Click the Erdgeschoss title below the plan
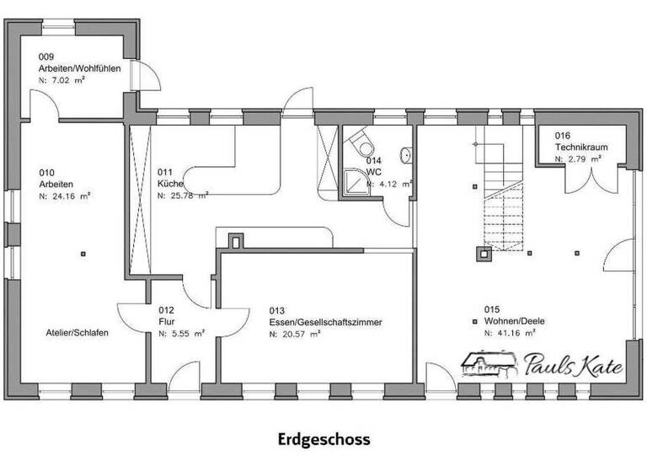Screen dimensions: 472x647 coord(323,439)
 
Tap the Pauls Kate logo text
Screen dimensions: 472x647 coord(573,367)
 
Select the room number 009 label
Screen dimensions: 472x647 coord(46,56)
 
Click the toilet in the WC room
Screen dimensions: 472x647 coord(361,138)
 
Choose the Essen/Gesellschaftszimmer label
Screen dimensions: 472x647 coord(326,322)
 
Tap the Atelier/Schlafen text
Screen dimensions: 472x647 coord(78,333)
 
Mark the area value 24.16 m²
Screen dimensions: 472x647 coord(64,195)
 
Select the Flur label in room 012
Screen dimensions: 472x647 coord(166,322)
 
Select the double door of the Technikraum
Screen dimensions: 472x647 coord(597,179)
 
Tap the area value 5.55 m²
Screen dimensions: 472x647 coord(182,334)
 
